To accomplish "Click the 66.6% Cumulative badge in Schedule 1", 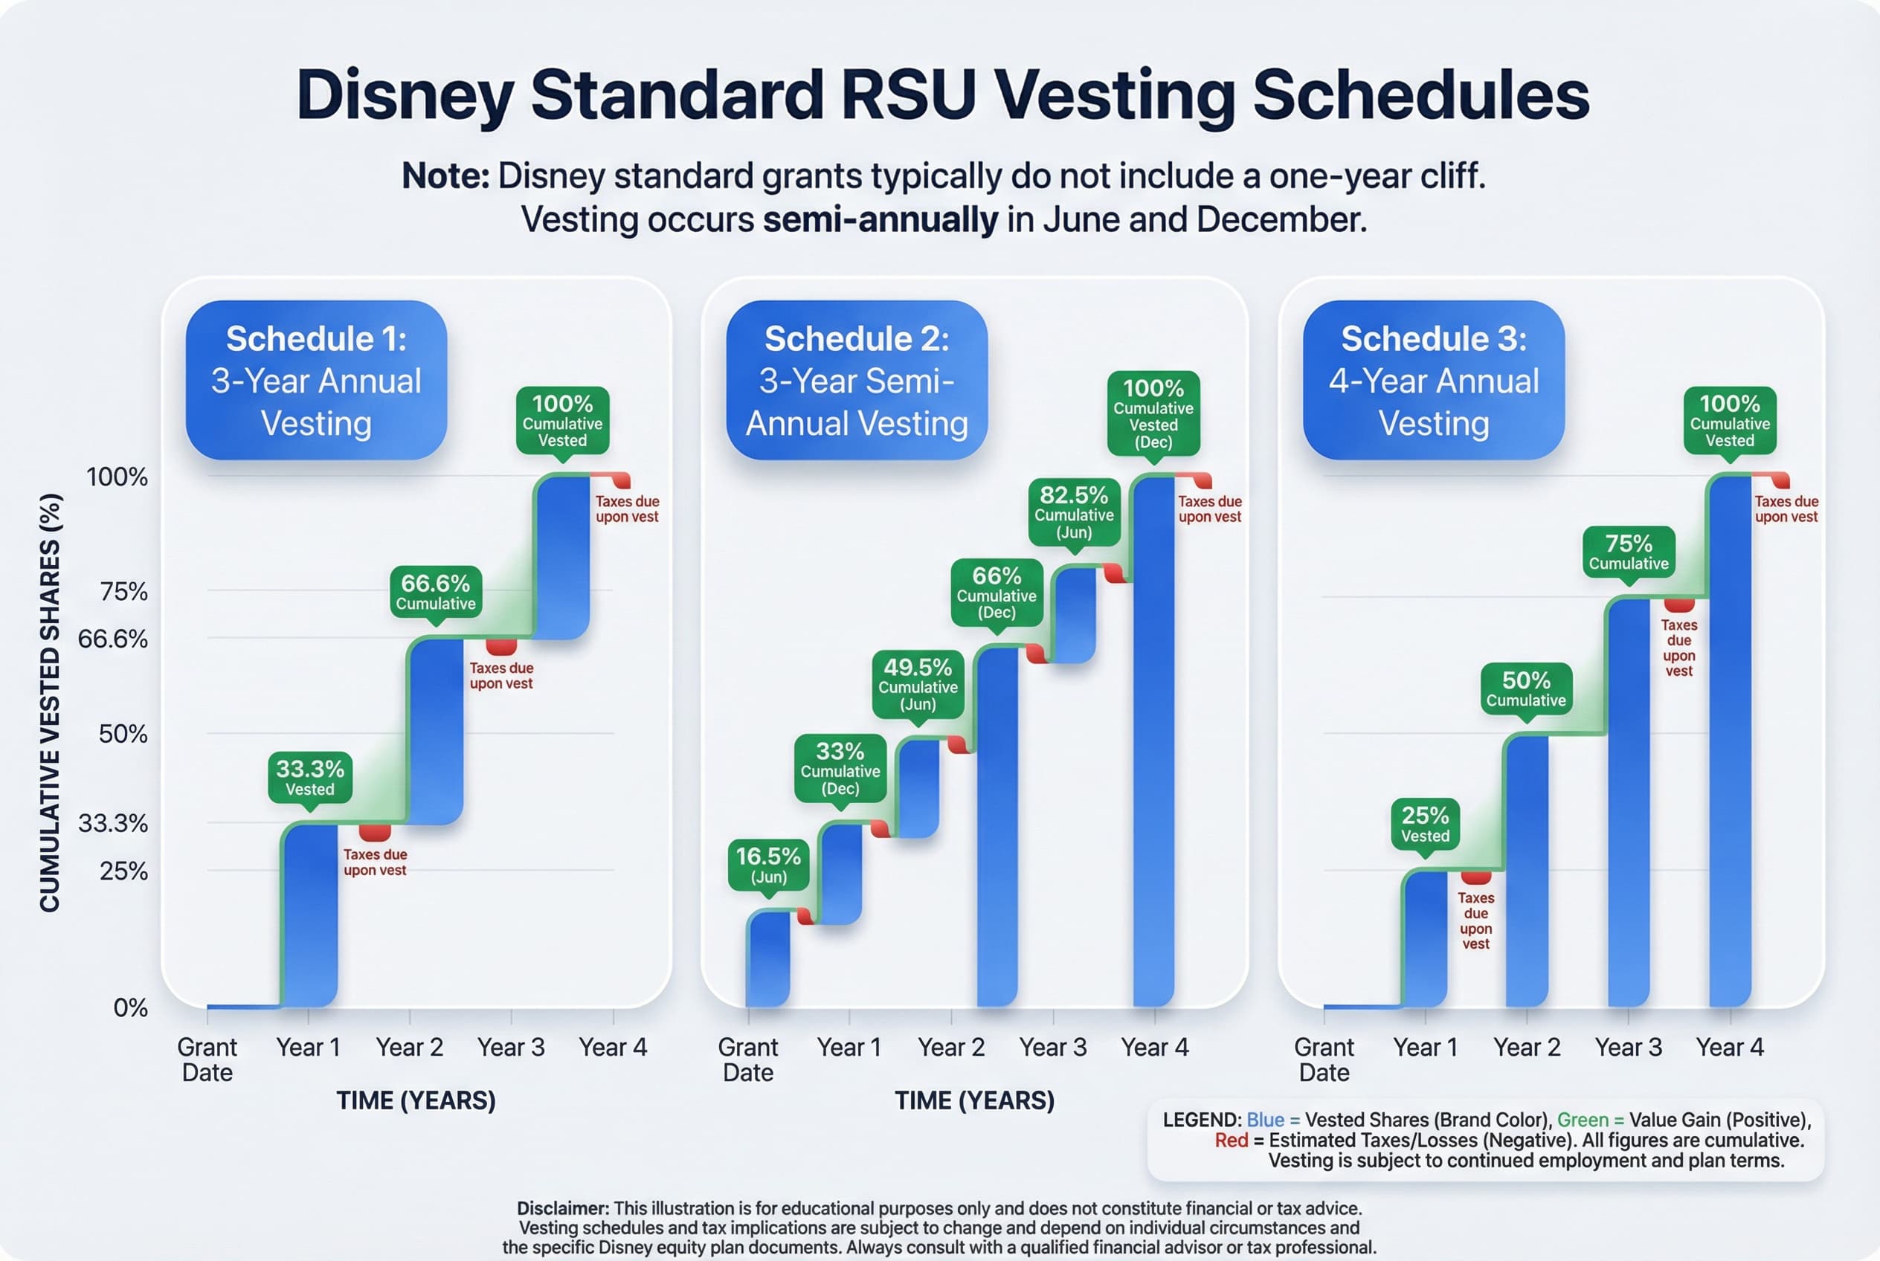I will point(435,592).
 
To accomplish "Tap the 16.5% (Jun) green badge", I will point(768,865).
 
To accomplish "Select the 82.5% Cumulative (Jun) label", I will point(1073,512).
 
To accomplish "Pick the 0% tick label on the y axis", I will point(130,1007).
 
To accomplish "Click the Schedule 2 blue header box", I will point(856,380).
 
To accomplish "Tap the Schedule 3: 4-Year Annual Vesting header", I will point(1433,380).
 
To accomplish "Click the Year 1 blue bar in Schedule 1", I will point(311,917).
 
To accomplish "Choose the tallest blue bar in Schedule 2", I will point(1153,740).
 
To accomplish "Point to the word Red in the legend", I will point(1231,1141).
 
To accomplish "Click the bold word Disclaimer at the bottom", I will point(562,1208).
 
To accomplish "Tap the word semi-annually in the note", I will point(880,219).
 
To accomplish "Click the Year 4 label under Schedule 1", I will point(612,1047).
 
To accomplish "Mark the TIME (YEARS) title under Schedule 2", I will point(974,1100).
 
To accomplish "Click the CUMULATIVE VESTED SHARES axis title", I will point(50,702).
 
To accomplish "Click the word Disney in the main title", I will point(405,95).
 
